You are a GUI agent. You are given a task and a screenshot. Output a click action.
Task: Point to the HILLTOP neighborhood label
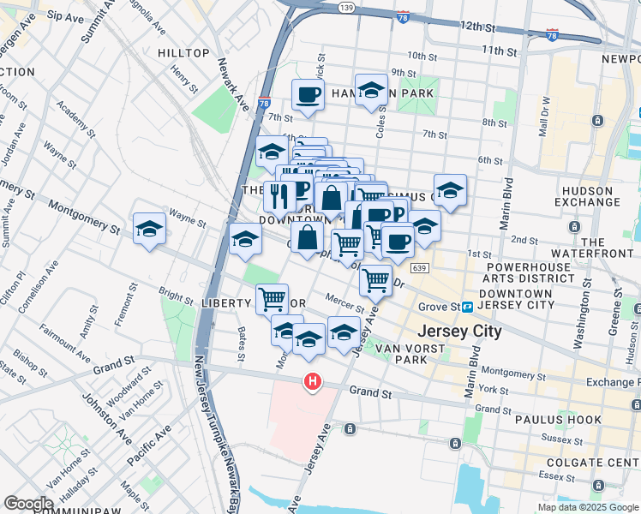(x=183, y=53)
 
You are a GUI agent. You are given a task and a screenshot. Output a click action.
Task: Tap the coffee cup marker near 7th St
(x=308, y=94)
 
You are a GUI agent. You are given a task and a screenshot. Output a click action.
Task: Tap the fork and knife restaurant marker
(x=280, y=196)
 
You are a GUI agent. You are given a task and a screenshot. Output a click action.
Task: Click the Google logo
(x=28, y=504)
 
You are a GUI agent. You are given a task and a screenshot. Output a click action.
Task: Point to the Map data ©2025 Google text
(x=587, y=507)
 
